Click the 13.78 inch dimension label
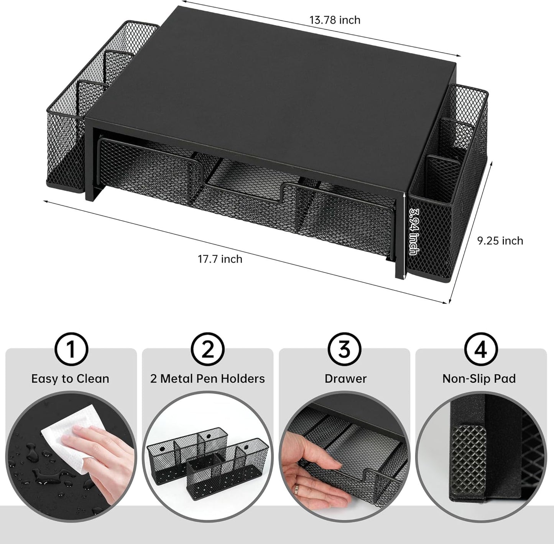point(335,20)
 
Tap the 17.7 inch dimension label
point(220,259)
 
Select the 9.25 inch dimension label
point(500,241)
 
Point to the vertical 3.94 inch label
point(413,231)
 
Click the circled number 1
point(71,349)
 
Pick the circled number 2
point(207,349)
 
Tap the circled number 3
point(344,349)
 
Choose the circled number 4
point(481,349)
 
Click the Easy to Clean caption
point(70,379)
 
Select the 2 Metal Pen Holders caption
point(207,379)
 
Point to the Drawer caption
point(345,379)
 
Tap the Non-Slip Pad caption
point(479,379)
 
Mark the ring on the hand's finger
point(296,489)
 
